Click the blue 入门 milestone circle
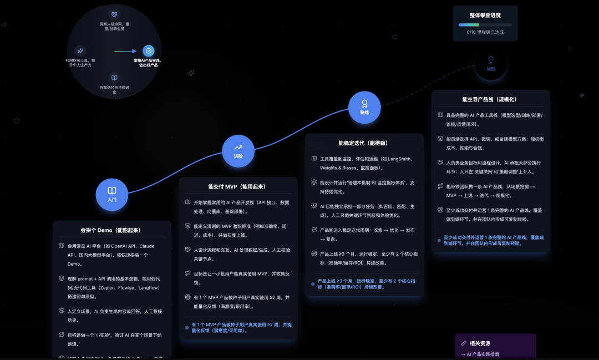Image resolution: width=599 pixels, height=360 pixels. [112, 194]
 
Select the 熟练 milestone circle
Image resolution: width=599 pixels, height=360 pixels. [364, 107]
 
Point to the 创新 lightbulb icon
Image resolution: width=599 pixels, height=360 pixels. [490, 60]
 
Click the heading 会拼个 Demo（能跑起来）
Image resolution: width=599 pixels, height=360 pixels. [112, 230]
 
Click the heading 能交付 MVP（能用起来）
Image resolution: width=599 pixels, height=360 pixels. [238, 187]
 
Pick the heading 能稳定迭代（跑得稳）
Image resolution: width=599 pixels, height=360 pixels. [364, 143]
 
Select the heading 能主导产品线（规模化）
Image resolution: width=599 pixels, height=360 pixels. [490, 99]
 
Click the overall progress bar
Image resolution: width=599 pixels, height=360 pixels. [485, 24]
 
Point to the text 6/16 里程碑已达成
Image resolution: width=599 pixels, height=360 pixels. [485, 32]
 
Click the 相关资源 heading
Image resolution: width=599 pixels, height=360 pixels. [480, 343]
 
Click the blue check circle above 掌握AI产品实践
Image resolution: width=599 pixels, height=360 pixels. [149, 51]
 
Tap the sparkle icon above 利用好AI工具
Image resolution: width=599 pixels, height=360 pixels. [80, 50]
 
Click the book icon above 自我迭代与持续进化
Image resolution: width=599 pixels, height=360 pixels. [114, 78]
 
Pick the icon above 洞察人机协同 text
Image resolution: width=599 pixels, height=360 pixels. [114, 14]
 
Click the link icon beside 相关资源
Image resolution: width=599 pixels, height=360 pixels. [464, 343]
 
